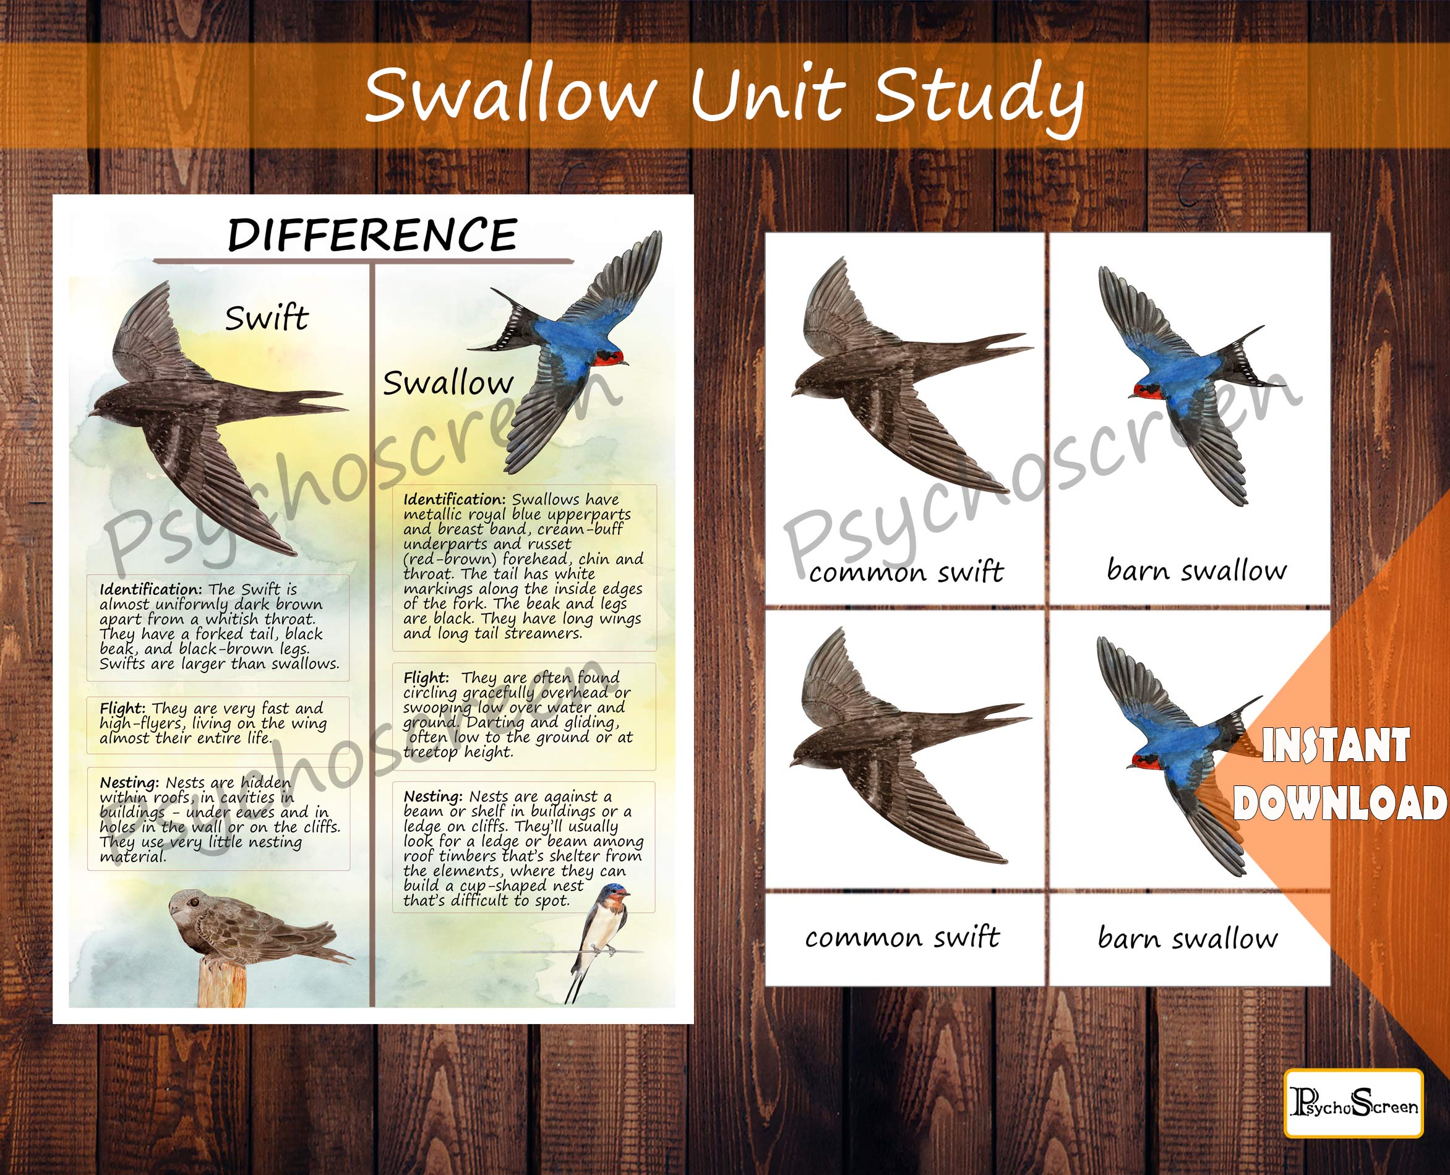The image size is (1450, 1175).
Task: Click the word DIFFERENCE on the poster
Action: [x=372, y=235]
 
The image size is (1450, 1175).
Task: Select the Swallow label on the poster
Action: [x=447, y=383]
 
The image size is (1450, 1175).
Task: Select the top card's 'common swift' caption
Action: [x=906, y=572]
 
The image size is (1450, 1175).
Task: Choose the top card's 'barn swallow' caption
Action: [x=1196, y=570]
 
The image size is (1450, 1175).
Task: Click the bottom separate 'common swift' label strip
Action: [x=902, y=938]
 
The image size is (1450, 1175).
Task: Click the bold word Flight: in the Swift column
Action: [x=122, y=708]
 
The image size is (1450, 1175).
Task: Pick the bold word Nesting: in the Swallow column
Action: [x=432, y=796]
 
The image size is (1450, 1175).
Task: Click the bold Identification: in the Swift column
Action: [x=150, y=589]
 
